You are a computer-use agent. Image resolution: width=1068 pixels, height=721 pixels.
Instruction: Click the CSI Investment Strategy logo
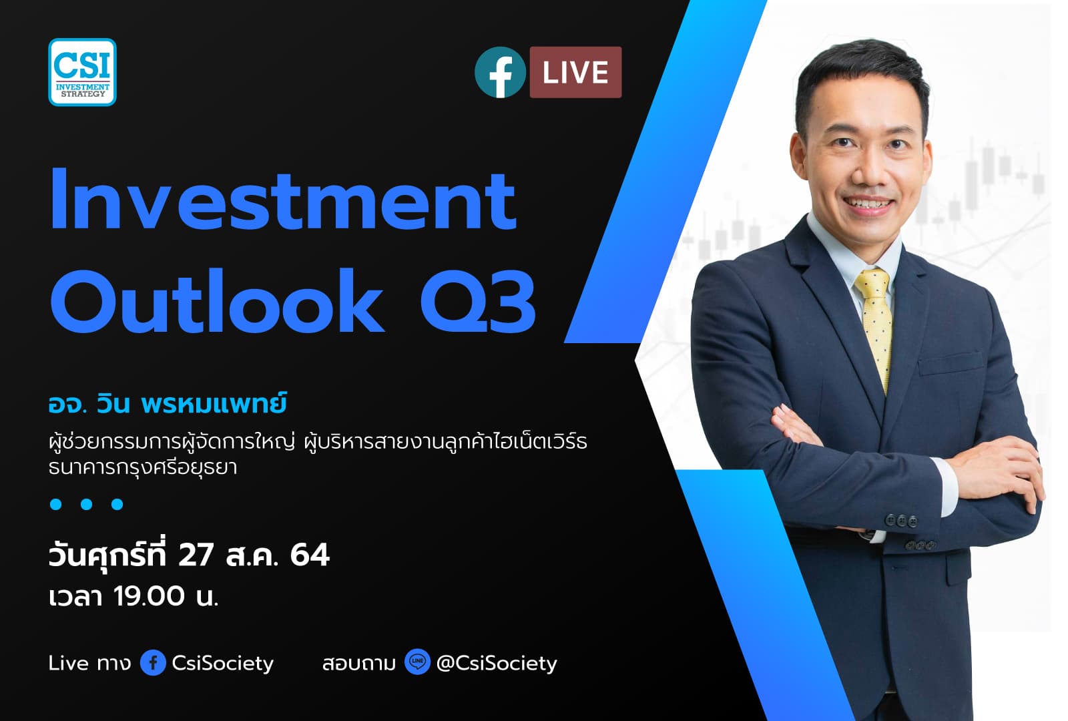[82, 72]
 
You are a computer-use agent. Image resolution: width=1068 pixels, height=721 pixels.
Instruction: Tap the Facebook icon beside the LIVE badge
[500, 73]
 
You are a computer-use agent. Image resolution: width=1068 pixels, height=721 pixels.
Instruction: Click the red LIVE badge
[575, 73]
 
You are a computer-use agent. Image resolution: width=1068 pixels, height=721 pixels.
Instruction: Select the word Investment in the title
[284, 200]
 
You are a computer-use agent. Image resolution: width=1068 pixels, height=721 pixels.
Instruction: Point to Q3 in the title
[478, 302]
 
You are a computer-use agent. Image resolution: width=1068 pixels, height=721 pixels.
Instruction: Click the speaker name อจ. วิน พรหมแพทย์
[168, 404]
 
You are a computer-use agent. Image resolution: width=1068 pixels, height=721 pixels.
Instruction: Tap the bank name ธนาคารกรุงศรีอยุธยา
[143, 467]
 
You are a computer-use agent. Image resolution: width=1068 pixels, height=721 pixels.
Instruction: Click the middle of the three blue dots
[86, 504]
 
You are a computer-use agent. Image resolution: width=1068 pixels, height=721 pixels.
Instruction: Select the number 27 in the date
[196, 555]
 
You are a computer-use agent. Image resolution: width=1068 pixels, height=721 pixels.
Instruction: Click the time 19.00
[148, 596]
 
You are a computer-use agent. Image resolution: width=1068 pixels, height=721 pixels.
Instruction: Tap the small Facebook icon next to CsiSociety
[153, 663]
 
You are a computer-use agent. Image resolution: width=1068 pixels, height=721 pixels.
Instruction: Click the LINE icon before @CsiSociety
[417, 662]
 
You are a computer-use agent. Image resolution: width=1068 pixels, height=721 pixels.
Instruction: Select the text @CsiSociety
[497, 664]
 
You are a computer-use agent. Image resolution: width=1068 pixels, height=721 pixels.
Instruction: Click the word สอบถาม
[358, 664]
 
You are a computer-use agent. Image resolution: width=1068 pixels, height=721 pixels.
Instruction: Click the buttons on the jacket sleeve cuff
[901, 520]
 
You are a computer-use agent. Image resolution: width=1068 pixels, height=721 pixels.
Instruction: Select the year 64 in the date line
[310, 555]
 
